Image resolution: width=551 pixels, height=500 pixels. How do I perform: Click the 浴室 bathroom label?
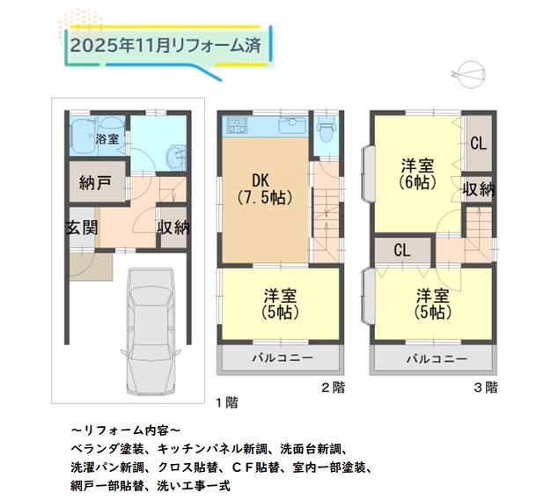pyautogui.click(x=107, y=139)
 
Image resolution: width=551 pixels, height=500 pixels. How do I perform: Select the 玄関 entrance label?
pyautogui.click(x=82, y=228)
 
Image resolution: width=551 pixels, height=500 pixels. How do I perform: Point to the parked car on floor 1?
pyautogui.click(x=151, y=332)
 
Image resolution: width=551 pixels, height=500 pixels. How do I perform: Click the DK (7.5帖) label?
pyautogui.click(x=265, y=189)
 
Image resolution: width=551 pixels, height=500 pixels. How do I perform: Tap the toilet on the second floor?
pyautogui.click(x=327, y=129)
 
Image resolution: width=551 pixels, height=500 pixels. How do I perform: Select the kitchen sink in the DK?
pyautogui.click(x=291, y=125)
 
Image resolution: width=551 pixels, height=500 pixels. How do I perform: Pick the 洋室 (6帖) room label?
pyautogui.click(x=418, y=174)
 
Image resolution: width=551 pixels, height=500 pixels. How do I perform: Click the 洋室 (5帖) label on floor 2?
pyautogui.click(x=281, y=304)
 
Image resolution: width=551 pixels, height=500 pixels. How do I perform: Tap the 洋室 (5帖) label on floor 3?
pyautogui.click(x=432, y=304)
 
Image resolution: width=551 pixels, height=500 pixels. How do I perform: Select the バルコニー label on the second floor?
pyautogui.click(x=283, y=358)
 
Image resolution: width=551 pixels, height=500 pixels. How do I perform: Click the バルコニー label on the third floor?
pyautogui.click(x=437, y=359)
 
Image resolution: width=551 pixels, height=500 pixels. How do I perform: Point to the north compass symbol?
pyautogui.click(x=469, y=74)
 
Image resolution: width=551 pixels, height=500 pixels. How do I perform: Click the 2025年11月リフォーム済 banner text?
pyautogui.click(x=165, y=46)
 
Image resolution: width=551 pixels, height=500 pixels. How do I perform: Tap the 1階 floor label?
pyautogui.click(x=227, y=402)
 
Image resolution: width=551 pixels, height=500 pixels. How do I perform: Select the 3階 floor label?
pyautogui.click(x=486, y=387)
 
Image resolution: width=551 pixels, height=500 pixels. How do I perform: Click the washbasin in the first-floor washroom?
pyautogui.click(x=176, y=157)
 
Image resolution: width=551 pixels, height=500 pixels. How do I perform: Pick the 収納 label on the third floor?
pyautogui.click(x=478, y=190)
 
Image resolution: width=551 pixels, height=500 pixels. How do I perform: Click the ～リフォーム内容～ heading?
pyautogui.click(x=126, y=430)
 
